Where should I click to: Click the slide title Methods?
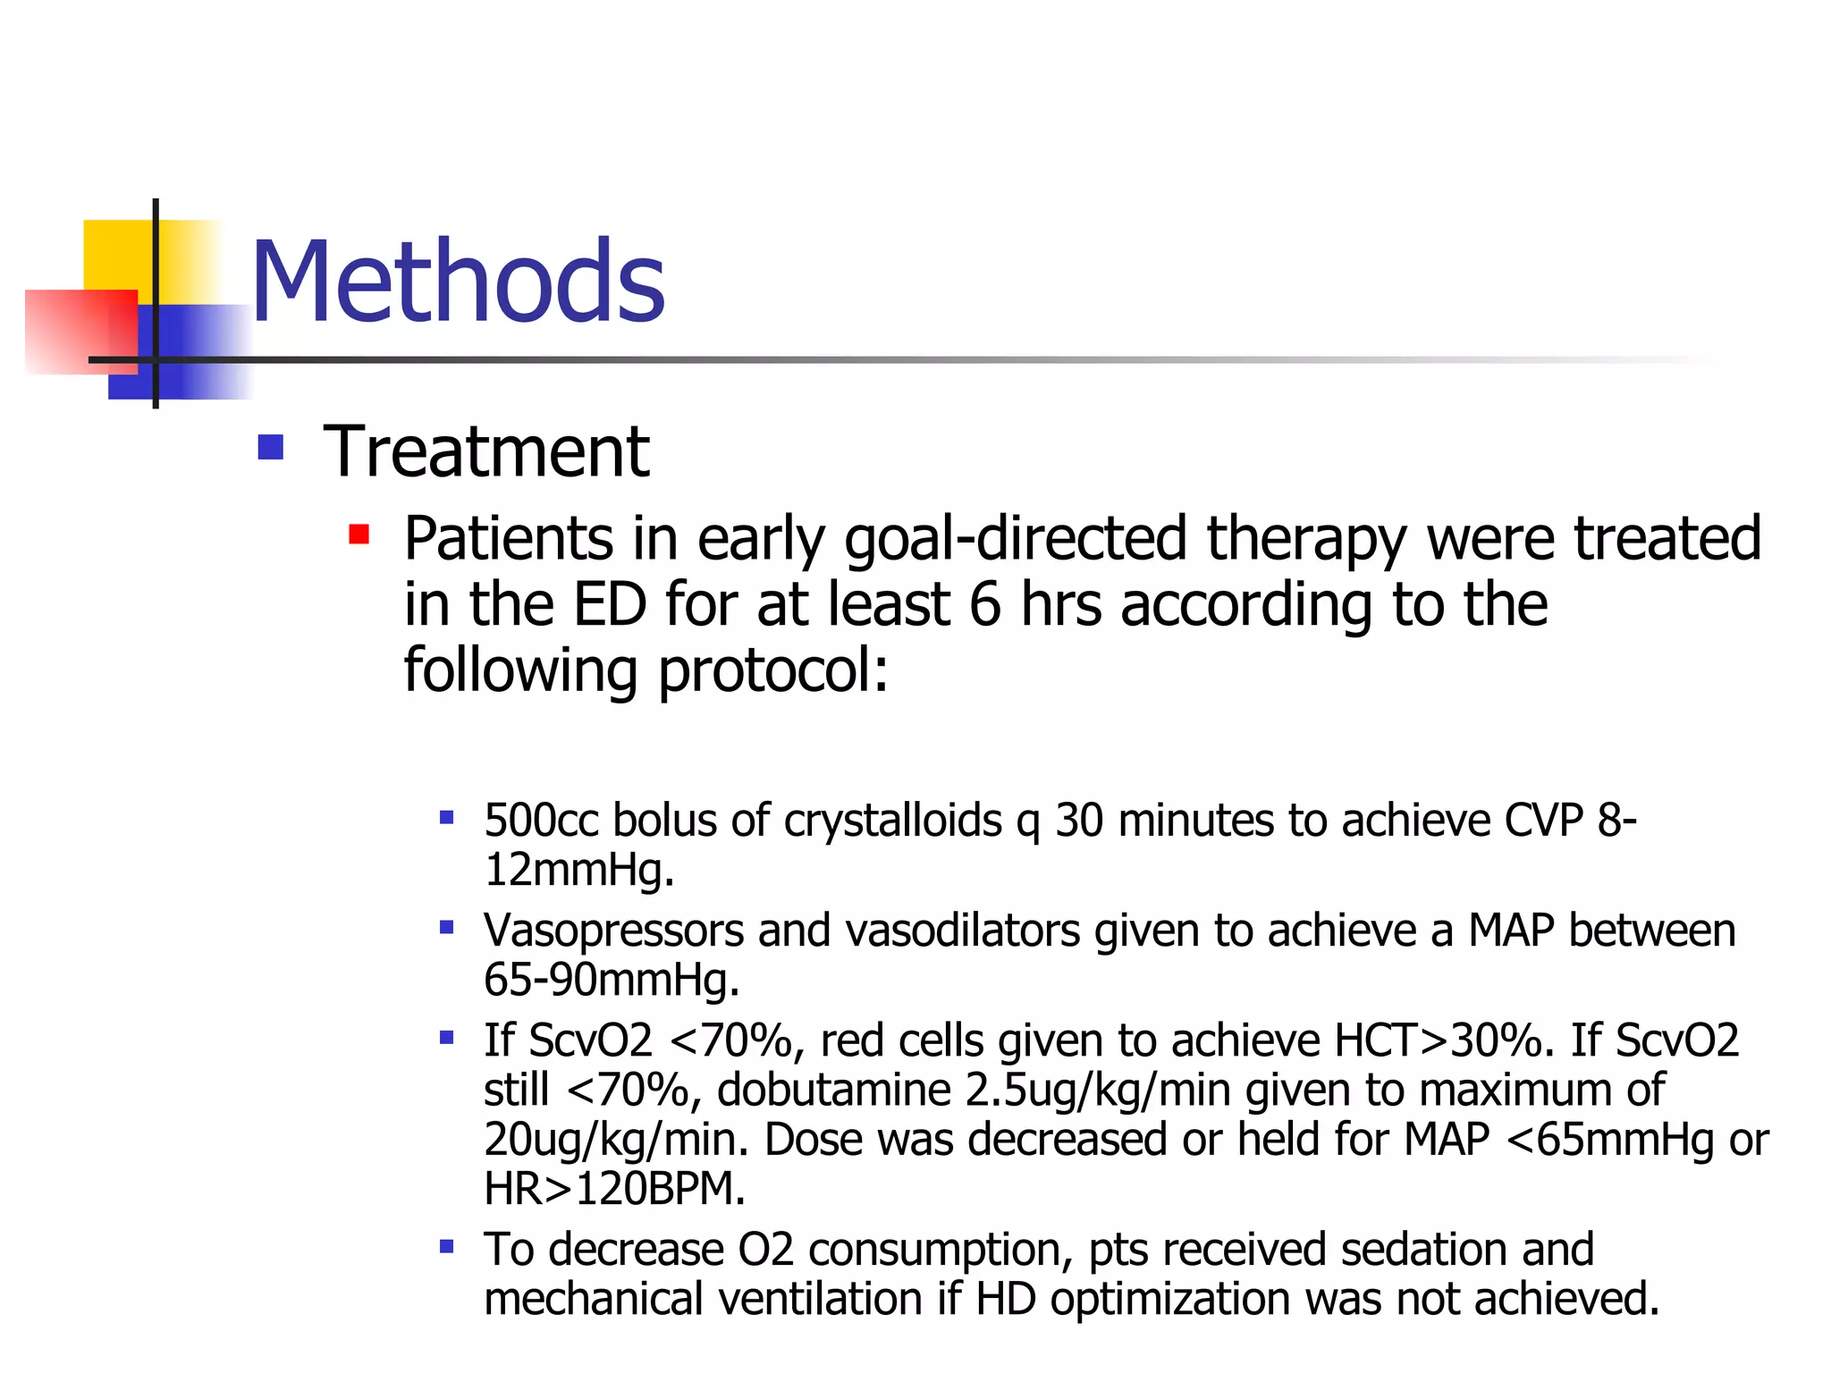[x=458, y=282]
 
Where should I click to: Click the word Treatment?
[x=485, y=451]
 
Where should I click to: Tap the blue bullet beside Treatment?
[x=270, y=447]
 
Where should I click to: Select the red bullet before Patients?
[x=359, y=535]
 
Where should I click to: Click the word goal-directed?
[x=1015, y=540]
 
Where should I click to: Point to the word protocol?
[x=773, y=670]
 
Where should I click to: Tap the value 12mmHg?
[x=578, y=870]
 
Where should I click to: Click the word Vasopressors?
[x=613, y=931]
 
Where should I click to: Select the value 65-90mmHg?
[x=611, y=980]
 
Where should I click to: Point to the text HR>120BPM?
[x=613, y=1189]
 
